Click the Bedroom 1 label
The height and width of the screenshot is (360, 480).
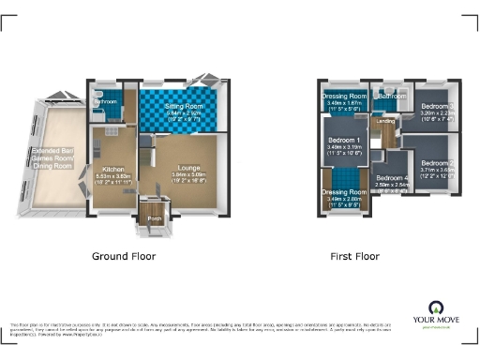pyautogui.click(x=340, y=139)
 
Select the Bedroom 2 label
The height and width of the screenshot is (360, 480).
pyautogui.click(x=437, y=162)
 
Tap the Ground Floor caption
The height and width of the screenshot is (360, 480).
pyautogui.click(x=123, y=255)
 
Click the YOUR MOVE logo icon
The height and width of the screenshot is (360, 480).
pyautogui.click(x=435, y=307)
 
